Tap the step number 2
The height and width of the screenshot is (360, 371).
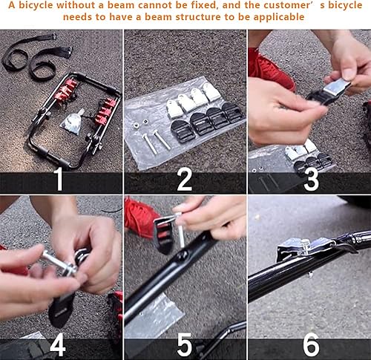click(x=185, y=180)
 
